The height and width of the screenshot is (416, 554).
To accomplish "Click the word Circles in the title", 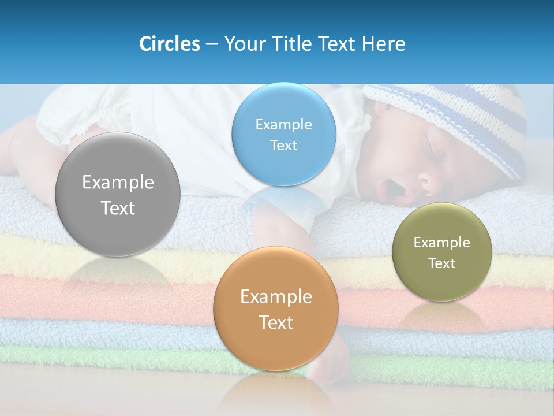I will click(169, 44).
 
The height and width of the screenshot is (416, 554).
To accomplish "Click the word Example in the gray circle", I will click(118, 183).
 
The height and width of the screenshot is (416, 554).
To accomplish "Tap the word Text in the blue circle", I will click(283, 146).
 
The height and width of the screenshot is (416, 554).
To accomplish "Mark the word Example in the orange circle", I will click(276, 297).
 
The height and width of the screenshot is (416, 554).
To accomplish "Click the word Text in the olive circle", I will click(441, 263).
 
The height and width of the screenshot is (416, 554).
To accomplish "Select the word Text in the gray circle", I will click(118, 208).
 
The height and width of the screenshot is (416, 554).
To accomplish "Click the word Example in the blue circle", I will click(283, 125).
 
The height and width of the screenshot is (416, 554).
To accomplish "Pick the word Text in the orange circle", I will click(276, 322).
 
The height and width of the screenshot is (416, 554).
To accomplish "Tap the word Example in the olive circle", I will click(441, 243).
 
